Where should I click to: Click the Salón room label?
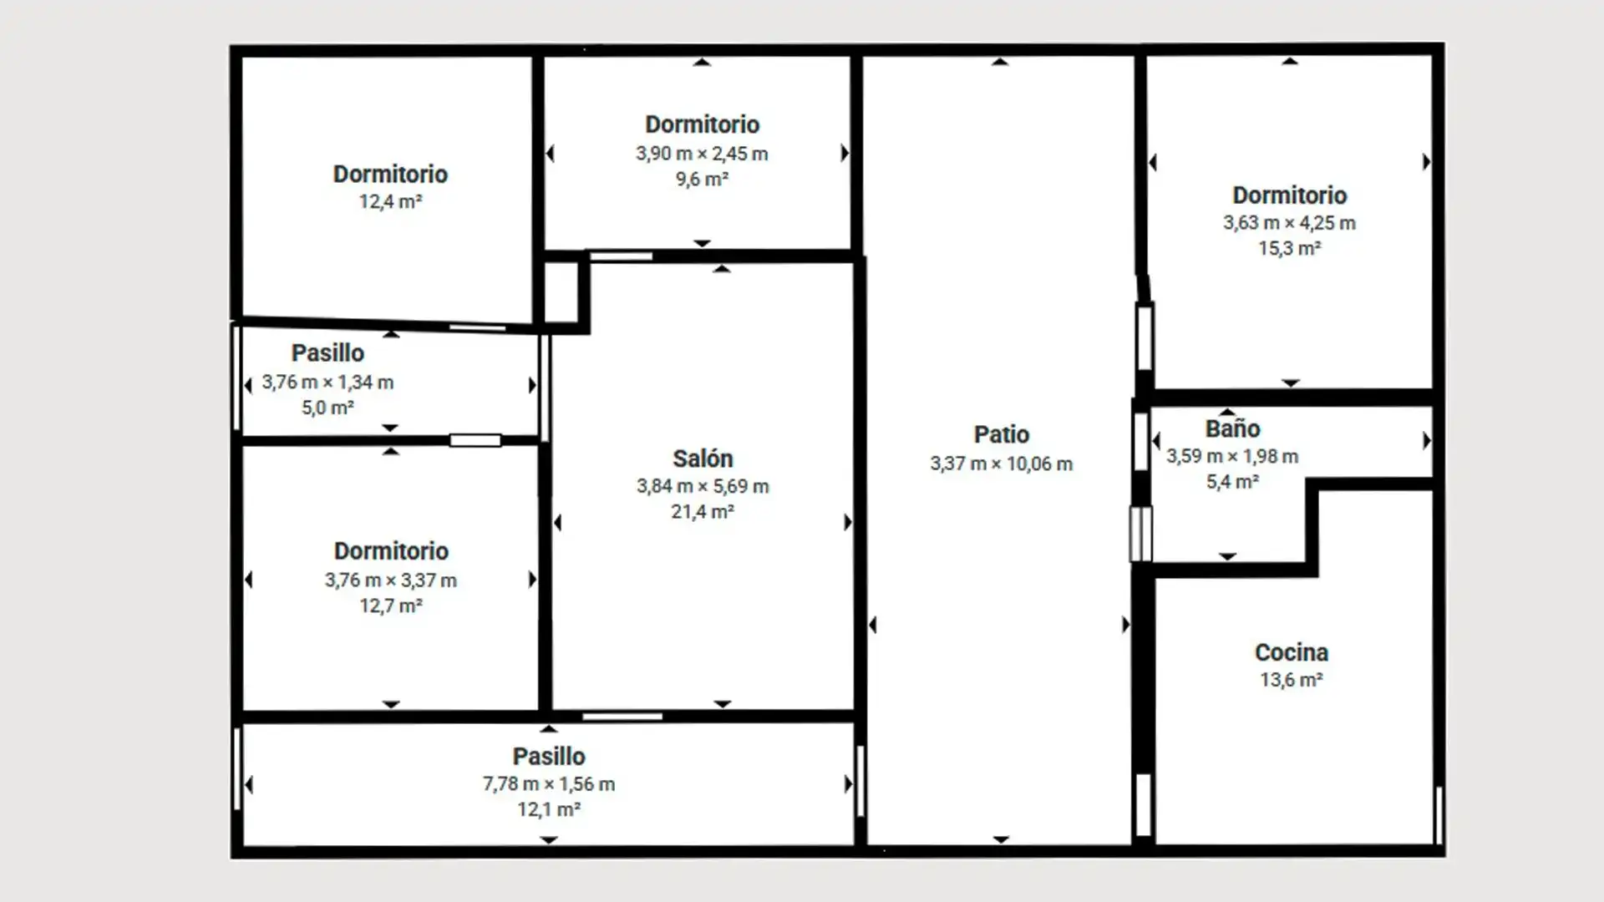[703, 459]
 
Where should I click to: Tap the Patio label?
[1001, 434]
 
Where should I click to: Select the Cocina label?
[1291, 652]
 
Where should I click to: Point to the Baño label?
[1232, 428]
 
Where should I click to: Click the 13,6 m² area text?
[1291, 680]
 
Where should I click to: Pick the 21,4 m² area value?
[703, 511]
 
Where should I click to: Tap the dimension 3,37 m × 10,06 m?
[1001, 464]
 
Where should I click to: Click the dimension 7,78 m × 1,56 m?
[549, 784]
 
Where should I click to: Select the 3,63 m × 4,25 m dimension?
[1289, 223]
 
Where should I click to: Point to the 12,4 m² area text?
[390, 201]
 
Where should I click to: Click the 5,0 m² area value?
[327, 408]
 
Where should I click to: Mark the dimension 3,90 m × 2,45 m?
[702, 154]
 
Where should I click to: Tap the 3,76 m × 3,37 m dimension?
[391, 580]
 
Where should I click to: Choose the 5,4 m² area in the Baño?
[1232, 481]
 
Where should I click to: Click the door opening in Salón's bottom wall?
[622, 717]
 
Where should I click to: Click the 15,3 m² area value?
[1289, 248]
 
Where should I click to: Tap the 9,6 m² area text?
[702, 179]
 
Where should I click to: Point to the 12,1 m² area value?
[549, 809]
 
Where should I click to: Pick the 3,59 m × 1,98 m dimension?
[1232, 456]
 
